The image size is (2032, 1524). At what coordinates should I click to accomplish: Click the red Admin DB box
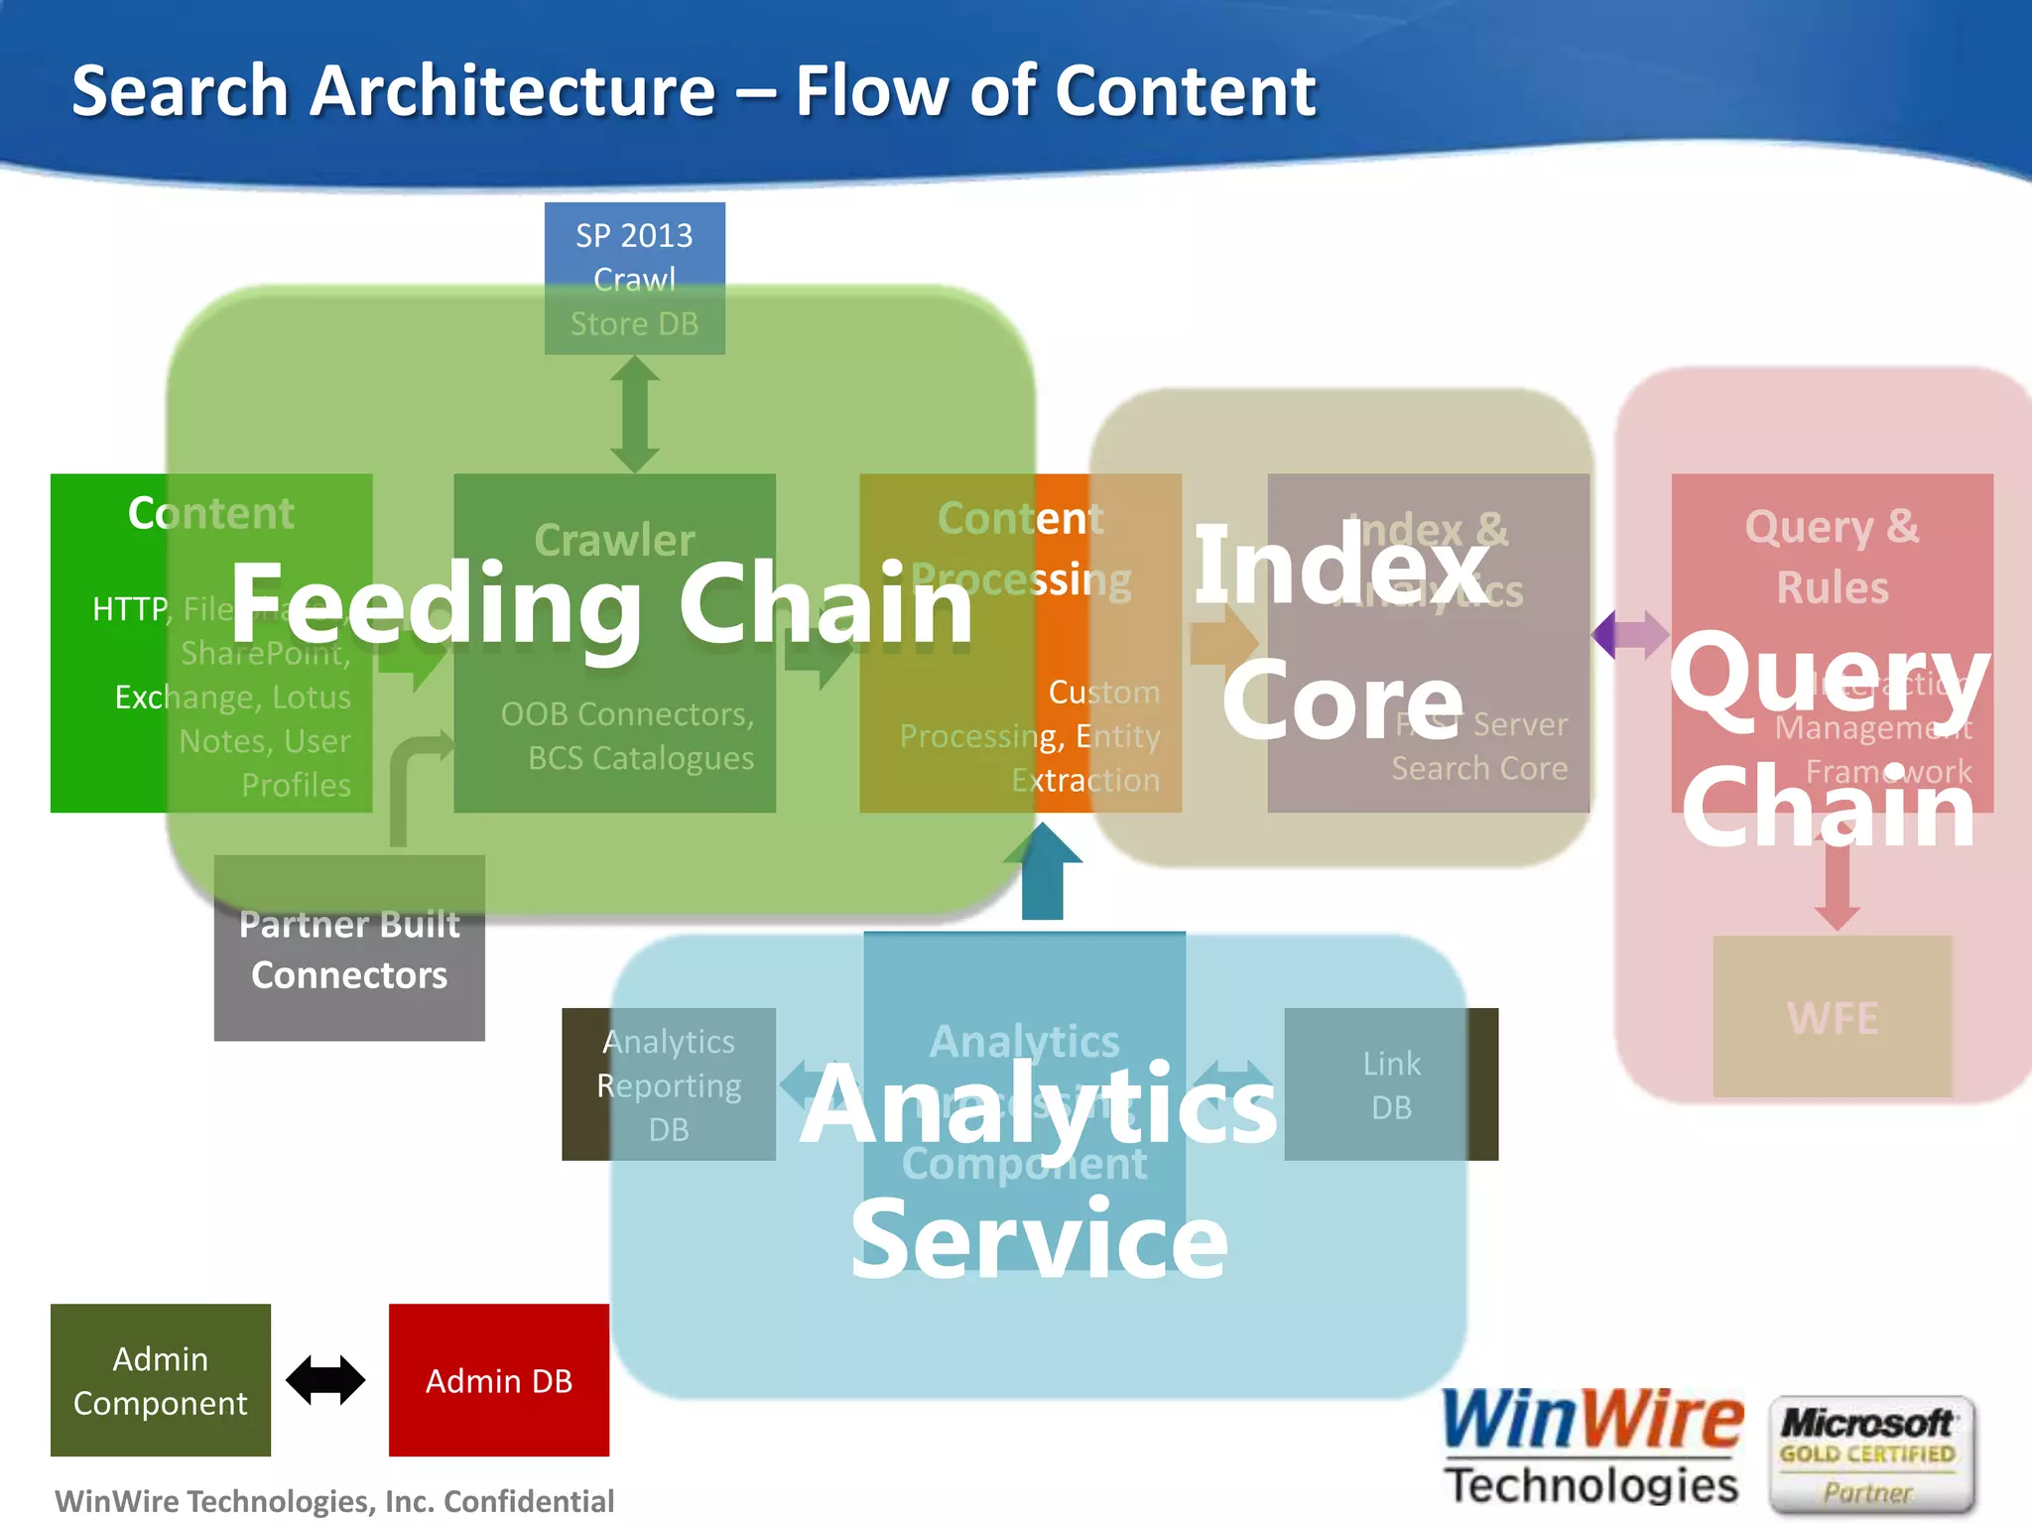(x=498, y=1379)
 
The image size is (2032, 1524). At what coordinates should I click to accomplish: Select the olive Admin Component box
(x=160, y=1379)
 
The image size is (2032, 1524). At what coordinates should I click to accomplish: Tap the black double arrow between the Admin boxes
(x=325, y=1380)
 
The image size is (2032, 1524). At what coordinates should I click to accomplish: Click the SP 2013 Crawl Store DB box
(x=634, y=278)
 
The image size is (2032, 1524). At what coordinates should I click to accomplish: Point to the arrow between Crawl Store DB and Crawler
(x=635, y=414)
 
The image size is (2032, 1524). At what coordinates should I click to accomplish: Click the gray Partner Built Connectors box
(x=349, y=950)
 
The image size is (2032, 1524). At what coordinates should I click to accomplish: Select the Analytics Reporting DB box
(x=668, y=1084)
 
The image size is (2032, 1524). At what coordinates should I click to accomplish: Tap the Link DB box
(x=1391, y=1084)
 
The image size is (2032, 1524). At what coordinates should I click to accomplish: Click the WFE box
(x=1832, y=1017)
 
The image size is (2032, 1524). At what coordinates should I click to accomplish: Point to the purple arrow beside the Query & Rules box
(x=1630, y=634)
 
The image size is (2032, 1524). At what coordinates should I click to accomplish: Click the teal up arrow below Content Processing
(x=1043, y=872)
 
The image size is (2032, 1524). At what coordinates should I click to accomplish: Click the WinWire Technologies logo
(x=1591, y=1448)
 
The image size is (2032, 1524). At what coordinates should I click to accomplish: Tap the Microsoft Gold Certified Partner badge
(x=1870, y=1455)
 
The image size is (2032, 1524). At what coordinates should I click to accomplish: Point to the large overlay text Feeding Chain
(x=601, y=604)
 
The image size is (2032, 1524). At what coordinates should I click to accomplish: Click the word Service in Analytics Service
(x=1039, y=1239)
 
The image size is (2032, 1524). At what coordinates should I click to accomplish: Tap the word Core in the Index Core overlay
(x=1341, y=701)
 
